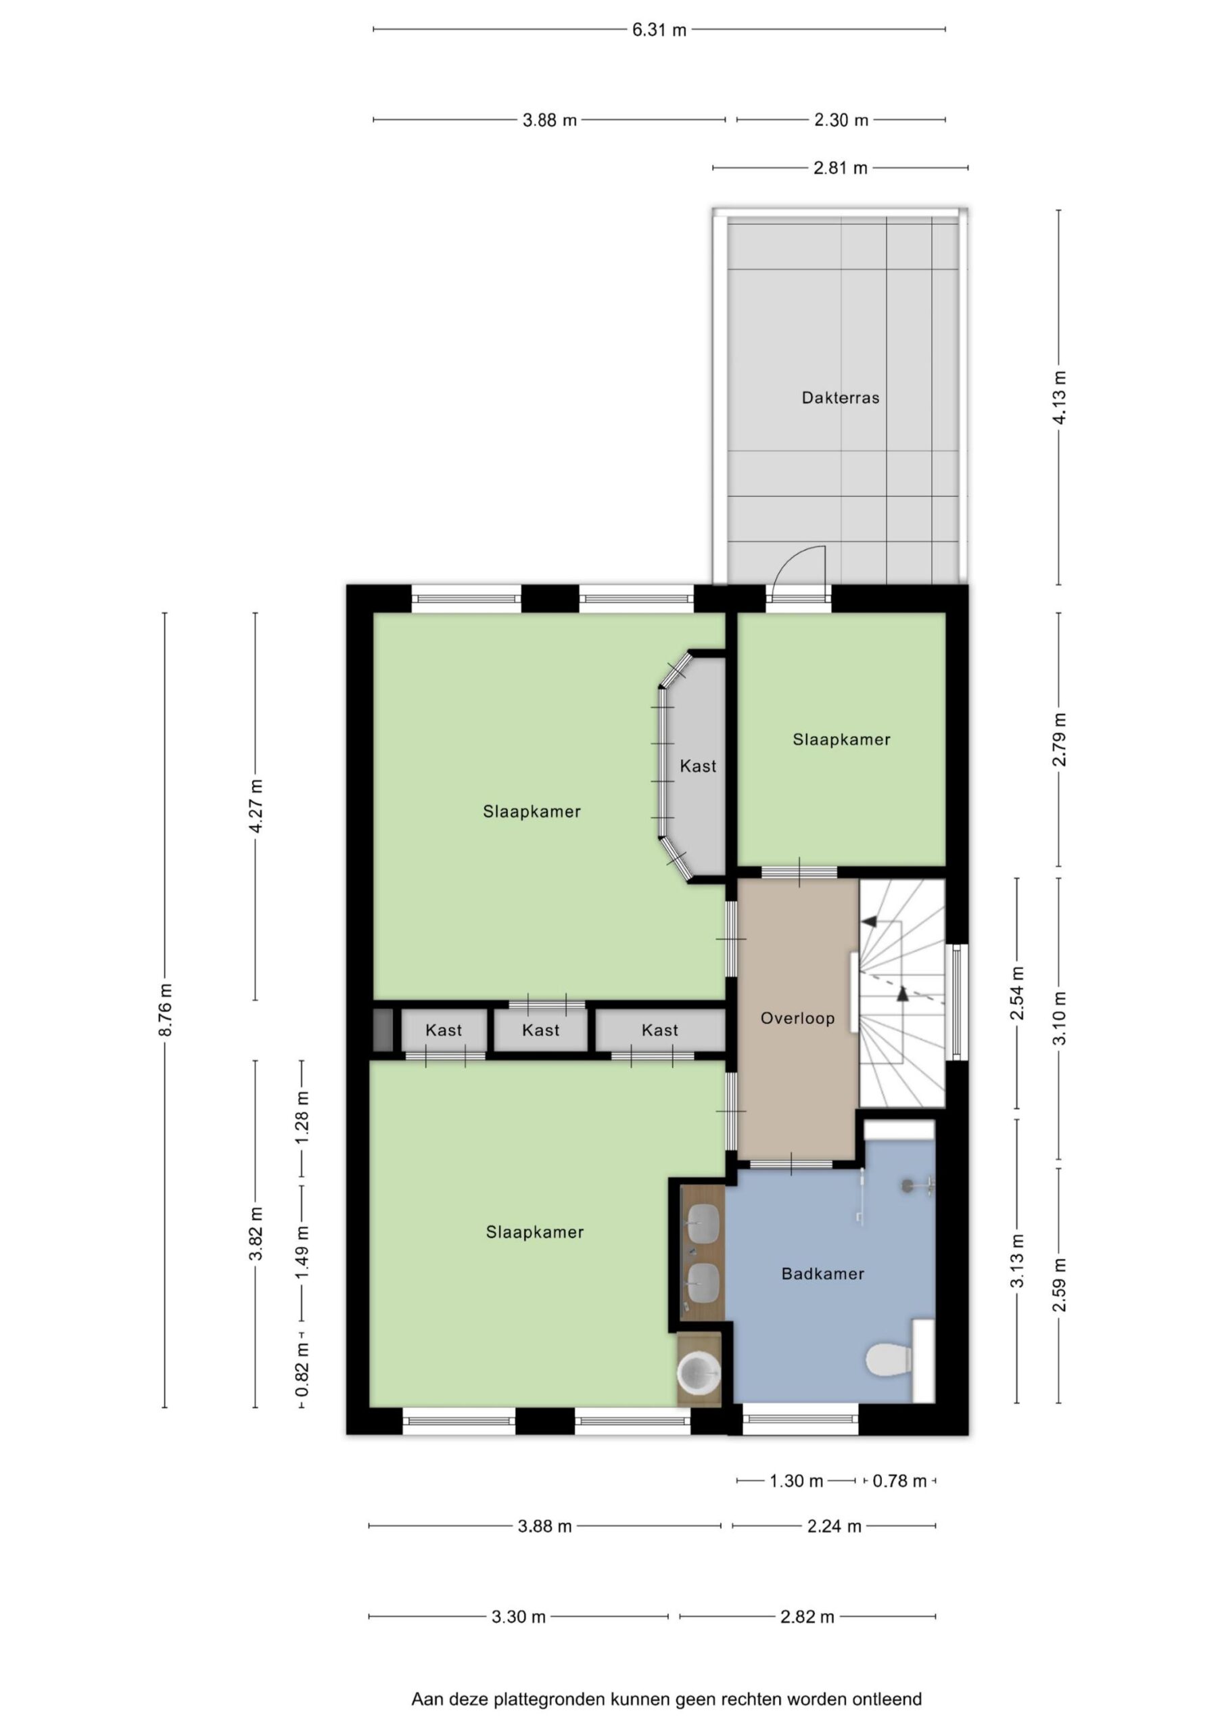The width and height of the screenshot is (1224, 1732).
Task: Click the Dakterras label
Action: (840, 398)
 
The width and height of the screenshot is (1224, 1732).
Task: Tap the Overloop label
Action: (797, 1018)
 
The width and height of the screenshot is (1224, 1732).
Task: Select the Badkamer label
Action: (823, 1274)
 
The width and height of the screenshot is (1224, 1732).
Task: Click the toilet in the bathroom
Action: (890, 1360)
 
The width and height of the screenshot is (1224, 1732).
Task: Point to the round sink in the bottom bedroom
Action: (699, 1372)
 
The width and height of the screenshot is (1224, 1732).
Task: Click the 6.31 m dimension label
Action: (659, 30)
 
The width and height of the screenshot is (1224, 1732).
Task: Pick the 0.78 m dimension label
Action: (899, 1481)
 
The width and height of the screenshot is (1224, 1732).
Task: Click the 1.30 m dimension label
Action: (797, 1481)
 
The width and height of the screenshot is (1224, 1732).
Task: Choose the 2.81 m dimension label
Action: (840, 168)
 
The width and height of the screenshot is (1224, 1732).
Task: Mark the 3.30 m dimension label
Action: (518, 1616)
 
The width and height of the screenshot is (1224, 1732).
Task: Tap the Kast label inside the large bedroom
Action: (698, 767)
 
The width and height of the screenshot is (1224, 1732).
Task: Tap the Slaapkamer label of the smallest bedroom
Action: (841, 740)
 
